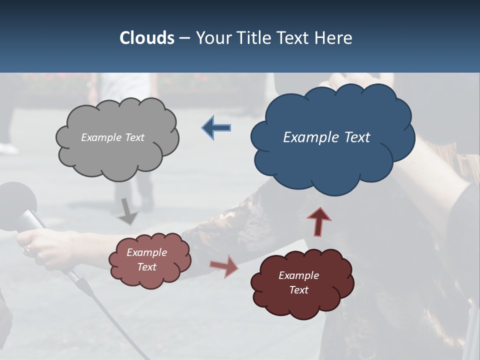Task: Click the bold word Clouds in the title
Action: click(146, 38)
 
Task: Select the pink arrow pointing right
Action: click(224, 265)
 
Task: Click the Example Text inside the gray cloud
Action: click(112, 137)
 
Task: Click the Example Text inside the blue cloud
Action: click(326, 137)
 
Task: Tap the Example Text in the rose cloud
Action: click(146, 259)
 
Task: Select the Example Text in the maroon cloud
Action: click(298, 282)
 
